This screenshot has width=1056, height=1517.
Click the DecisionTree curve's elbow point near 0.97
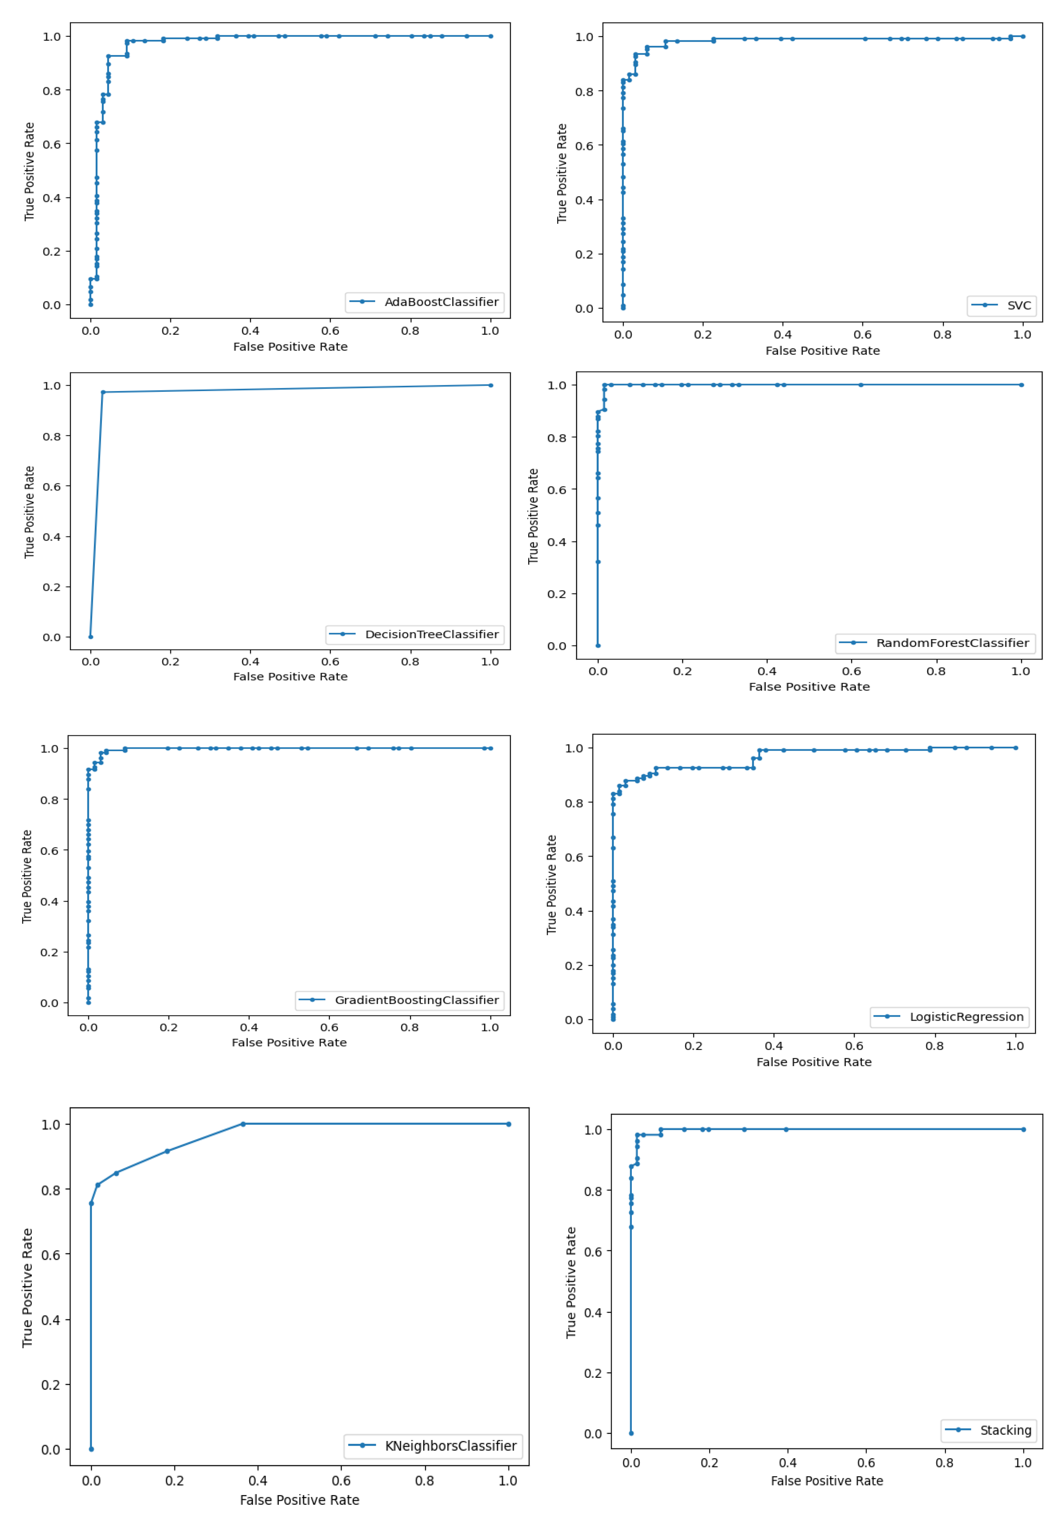pyautogui.click(x=103, y=392)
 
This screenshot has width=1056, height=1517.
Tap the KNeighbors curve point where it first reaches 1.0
pyautogui.click(x=243, y=1124)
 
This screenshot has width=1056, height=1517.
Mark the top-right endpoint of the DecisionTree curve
pyautogui.click(x=490, y=385)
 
